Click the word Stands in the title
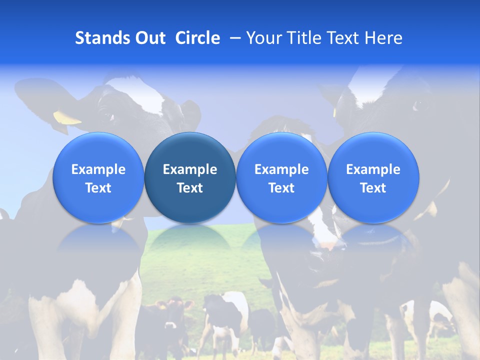(x=102, y=38)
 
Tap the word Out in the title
(x=149, y=38)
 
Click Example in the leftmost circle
(x=98, y=169)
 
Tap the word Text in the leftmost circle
(x=98, y=188)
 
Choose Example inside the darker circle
(x=190, y=169)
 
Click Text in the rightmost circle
(x=373, y=188)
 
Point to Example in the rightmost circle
(x=373, y=169)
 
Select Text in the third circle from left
(x=281, y=188)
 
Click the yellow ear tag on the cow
(x=66, y=118)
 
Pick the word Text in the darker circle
(x=190, y=188)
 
